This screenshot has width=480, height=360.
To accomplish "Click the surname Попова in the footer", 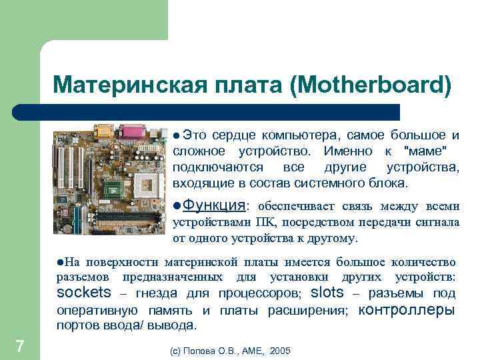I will coord(200,350).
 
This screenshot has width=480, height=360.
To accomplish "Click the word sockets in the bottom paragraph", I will coord(85,293).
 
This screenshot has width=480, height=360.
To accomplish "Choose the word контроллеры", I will coord(407,310).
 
